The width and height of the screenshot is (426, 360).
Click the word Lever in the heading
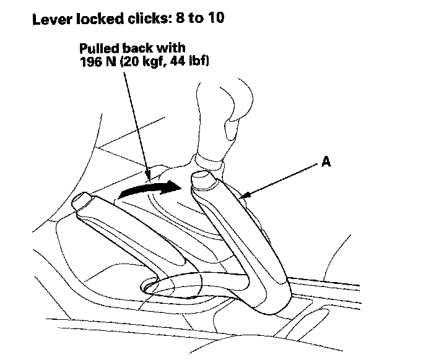point(50,18)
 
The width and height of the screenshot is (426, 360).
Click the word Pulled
point(97,48)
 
